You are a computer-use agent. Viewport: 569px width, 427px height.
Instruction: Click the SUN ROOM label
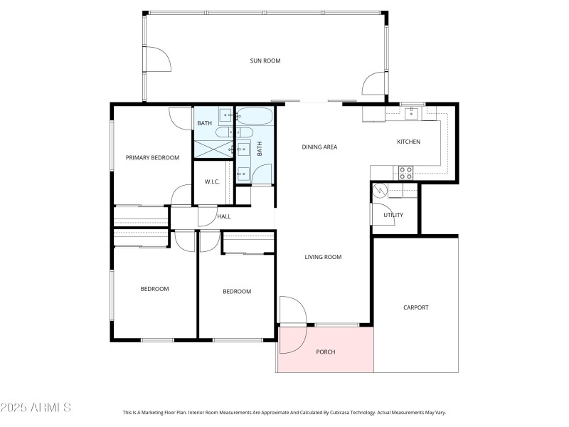265,60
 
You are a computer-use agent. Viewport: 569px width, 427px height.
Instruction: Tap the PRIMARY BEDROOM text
152,157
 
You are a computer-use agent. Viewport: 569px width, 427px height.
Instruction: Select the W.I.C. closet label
212,181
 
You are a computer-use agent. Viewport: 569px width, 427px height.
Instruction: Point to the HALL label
224,216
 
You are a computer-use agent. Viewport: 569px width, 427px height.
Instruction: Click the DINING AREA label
319,147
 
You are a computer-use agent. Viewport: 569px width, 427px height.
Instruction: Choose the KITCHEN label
408,142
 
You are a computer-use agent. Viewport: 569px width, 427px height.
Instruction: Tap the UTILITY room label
393,215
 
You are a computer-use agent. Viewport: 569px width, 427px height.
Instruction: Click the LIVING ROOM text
323,257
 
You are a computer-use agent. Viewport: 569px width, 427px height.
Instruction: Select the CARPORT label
416,307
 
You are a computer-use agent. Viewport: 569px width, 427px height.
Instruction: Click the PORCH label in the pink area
326,352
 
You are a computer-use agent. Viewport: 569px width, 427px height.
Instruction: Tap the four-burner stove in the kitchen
405,173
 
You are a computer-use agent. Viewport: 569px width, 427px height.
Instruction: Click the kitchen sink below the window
412,113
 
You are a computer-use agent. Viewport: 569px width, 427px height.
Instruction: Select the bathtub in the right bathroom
254,116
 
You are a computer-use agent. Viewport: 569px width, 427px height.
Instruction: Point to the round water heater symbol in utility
380,191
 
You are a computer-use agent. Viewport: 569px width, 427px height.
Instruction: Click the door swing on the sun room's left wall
158,59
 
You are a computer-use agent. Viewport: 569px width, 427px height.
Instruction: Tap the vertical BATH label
260,149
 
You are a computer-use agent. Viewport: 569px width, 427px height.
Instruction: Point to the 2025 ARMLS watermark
36,407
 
